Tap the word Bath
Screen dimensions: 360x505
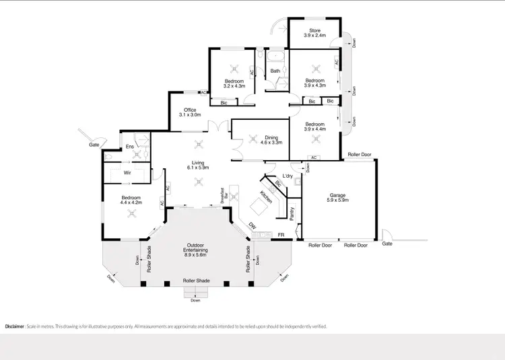[x=275, y=71]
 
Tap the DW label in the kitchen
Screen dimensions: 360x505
[x=252, y=226]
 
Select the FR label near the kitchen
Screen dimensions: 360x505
[x=281, y=235]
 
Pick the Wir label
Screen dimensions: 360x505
[x=127, y=173]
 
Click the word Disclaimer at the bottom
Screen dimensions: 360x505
[x=15, y=326]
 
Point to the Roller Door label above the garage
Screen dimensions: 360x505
[x=359, y=155]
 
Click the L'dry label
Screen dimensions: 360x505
[x=288, y=176]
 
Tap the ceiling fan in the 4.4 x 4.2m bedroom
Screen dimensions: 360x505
[x=132, y=213]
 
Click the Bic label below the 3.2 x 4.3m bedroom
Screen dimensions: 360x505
[x=224, y=102]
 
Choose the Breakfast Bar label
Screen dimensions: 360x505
[x=224, y=195]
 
